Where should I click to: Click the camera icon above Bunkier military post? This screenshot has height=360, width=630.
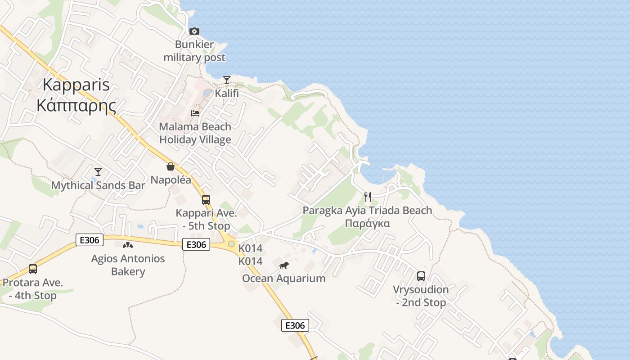coord(194,31)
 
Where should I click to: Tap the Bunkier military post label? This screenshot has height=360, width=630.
coord(194,51)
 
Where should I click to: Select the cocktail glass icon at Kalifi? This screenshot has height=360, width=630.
coord(227,80)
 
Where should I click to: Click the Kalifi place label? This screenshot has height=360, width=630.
coord(227,94)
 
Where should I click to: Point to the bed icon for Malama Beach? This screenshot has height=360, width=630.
coord(195,113)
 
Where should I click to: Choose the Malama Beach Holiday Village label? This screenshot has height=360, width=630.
coord(195,133)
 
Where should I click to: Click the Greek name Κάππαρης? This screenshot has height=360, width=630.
coord(76,105)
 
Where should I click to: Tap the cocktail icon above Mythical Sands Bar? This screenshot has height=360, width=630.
coord(98,171)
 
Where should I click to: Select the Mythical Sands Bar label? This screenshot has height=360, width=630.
coord(98,185)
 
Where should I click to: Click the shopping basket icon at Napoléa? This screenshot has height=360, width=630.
coord(171,166)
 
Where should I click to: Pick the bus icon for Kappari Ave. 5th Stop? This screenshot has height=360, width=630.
coord(206,199)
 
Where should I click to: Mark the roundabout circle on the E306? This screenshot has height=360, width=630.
coord(231,244)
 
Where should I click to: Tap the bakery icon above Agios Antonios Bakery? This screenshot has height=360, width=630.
coord(128,245)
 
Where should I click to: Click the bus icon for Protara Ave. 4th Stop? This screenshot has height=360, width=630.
coord(33,269)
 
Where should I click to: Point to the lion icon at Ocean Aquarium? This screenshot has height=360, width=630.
coord(283,265)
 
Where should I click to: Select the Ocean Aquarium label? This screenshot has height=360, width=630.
coord(283,278)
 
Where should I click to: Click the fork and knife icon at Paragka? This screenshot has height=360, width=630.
coord(368,197)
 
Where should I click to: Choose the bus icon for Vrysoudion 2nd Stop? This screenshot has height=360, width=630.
coord(421,276)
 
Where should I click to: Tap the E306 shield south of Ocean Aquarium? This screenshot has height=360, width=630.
coord(295,325)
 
